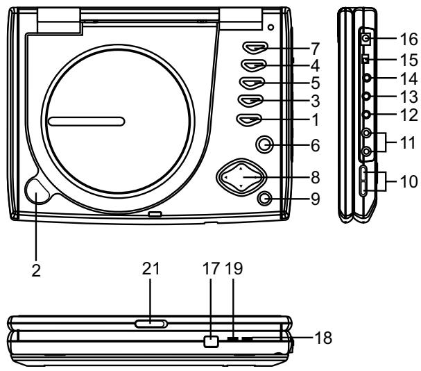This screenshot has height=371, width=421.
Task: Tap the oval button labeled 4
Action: coord(255,67)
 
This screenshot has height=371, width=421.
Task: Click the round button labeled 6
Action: coord(264,145)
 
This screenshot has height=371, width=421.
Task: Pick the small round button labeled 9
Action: coord(264,199)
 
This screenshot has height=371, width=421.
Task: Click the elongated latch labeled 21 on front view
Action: coord(151,323)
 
